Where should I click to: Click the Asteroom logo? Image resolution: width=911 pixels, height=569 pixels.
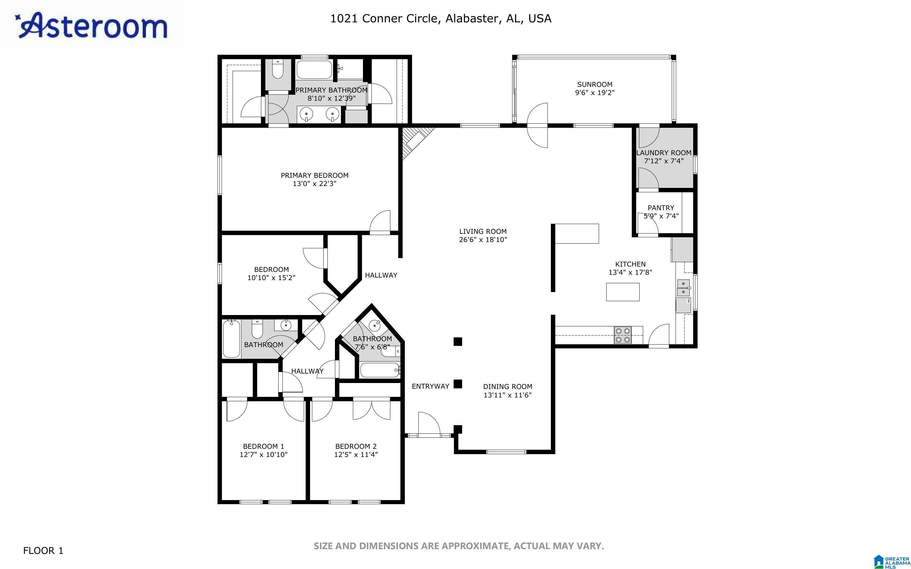[x=91, y=25]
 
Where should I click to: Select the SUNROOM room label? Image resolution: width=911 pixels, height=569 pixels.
[x=595, y=84]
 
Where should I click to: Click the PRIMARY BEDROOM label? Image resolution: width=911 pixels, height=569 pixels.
[x=314, y=175]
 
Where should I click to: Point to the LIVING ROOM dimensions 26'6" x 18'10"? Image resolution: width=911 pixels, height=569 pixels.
[x=483, y=240]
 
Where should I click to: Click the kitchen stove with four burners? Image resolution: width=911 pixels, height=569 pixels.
[x=622, y=335]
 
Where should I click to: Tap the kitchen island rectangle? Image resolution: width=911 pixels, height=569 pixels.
[x=622, y=292]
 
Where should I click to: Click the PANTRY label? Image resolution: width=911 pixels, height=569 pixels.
[x=661, y=208]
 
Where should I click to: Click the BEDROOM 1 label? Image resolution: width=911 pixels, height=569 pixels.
[x=263, y=446]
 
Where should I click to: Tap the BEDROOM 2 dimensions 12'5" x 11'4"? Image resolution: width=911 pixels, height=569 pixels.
[x=356, y=454]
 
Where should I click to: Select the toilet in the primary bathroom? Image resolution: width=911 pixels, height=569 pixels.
[x=278, y=69]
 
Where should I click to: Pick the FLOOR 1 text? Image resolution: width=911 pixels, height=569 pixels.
[x=43, y=551]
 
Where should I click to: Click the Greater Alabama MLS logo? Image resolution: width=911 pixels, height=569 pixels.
[x=892, y=561]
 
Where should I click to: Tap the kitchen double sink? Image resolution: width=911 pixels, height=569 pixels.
[x=683, y=288]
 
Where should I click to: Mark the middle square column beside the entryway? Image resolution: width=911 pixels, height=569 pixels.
[x=458, y=384]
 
